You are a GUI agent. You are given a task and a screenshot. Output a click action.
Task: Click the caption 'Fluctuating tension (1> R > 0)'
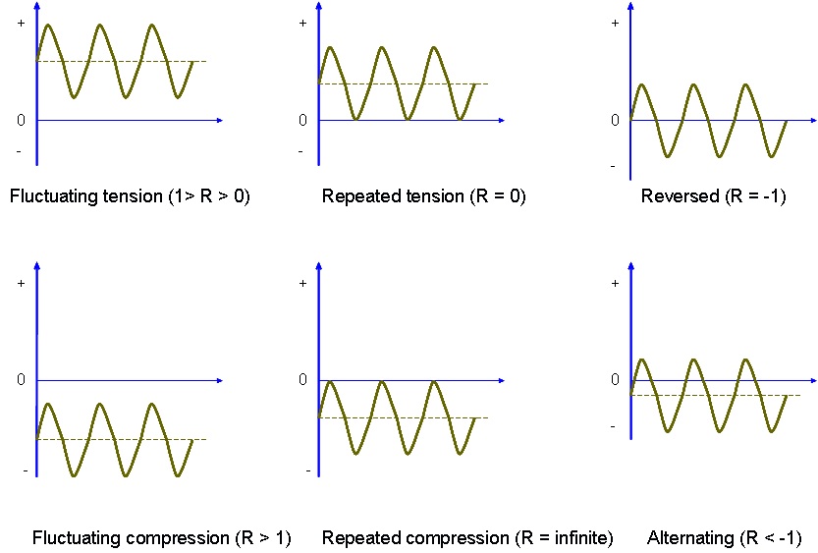[130, 196]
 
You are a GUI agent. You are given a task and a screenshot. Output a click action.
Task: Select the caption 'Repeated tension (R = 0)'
[424, 196]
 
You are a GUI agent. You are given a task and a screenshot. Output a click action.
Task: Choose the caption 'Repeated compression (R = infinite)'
[467, 538]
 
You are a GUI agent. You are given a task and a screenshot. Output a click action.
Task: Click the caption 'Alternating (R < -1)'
[725, 538]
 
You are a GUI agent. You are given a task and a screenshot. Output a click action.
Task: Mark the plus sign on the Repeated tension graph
[302, 22]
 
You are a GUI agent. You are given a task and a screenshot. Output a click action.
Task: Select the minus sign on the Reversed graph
[613, 165]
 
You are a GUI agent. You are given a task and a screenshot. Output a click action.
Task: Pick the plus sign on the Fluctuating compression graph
[21, 284]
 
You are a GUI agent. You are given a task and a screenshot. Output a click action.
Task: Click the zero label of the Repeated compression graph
[302, 379]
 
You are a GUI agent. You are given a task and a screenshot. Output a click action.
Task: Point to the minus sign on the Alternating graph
[613, 425]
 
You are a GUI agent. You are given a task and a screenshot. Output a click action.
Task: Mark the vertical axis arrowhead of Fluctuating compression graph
[36, 264]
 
